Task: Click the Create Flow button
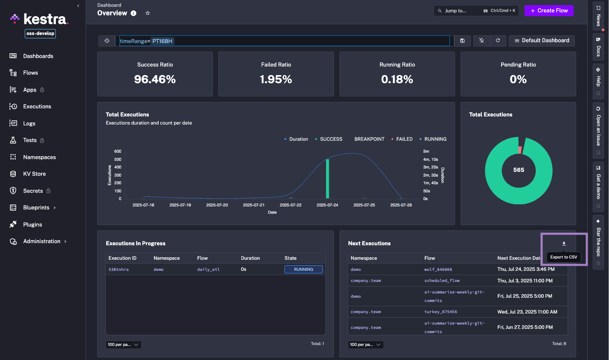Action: [549, 11]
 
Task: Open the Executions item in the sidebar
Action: [37, 107]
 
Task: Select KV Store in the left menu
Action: [34, 174]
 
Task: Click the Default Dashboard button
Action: [542, 41]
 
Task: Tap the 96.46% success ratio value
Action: [155, 79]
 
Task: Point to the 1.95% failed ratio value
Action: [276, 79]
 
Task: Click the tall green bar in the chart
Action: [328, 179]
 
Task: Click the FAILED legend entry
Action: [404, 139]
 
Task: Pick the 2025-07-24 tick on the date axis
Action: [327, 205]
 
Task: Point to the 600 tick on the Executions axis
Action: [118, 151]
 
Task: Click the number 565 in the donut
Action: [519, 170]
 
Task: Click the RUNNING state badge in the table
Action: [303, 270]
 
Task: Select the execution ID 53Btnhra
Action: [119, 270]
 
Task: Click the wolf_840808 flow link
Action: [438, 270]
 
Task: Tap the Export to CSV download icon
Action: [564, 244]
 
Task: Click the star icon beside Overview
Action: [148, 13]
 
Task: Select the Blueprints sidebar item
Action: [36, 208]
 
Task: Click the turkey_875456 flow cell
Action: [441, 312]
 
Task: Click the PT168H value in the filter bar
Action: [162, 41]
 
